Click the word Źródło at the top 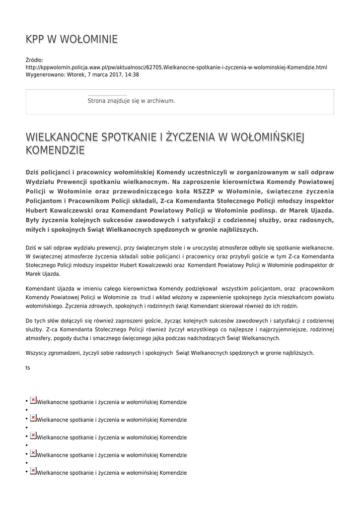[x=34, y=60]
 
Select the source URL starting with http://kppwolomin [x=176, y=67]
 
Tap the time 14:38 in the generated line [x=132, y=75]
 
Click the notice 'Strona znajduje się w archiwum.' [x=131, y=101]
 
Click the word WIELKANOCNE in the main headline [x=62, y=136]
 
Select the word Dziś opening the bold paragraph [x=32, y=172]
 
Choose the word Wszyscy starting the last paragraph [x=37, y=353]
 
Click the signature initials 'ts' [x=28, y=368]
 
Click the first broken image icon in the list [x=33, y=400]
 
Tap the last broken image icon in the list [x=33, y=471]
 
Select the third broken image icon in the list [x=33, y=436]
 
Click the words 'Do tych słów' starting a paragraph [x=41, y=320]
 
